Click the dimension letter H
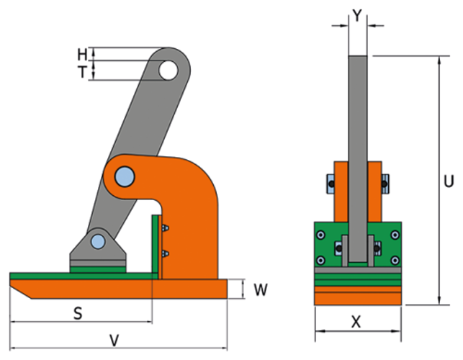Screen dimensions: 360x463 tap(82, 54)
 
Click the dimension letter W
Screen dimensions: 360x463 tap(261, 290)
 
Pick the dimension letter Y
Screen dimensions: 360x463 tap(358, 14)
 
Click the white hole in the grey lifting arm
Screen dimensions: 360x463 tap(168, 70)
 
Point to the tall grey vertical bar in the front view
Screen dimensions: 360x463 tap(358, 144)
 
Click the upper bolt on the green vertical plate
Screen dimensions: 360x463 tap(166, 229)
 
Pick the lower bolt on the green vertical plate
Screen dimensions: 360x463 tap(166, 253)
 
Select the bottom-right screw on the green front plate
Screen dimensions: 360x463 tap(394, 260)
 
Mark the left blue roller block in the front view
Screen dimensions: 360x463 tap(329, 184)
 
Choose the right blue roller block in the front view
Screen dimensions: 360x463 tap(386, 184)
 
